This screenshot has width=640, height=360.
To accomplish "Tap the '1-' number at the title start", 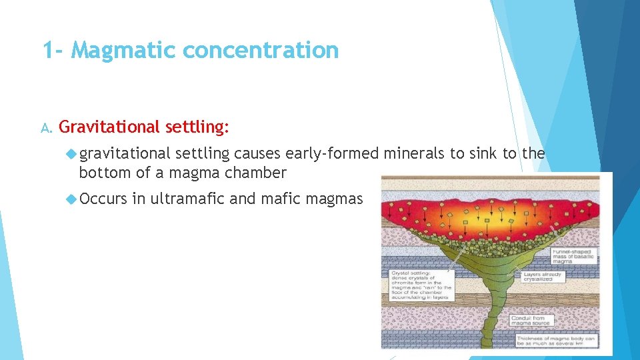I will [54, 50].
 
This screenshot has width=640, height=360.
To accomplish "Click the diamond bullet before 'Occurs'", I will [72, 198].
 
